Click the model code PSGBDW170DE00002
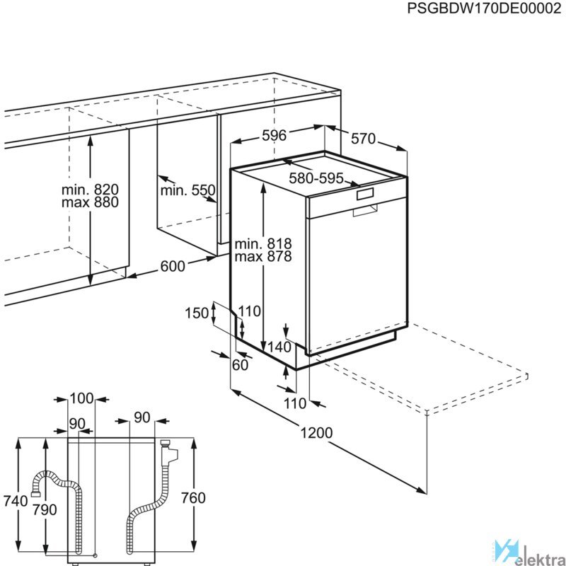(x=484, y=8)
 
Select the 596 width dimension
(x=274, y=135)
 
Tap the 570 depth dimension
(x=364, y=139)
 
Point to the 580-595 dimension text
(x=316, y=178)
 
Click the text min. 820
(x=90, y=189)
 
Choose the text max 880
(x=90, y=202)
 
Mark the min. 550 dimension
(x=187, y=190)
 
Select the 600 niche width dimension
(x=173, y=266)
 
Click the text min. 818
(x=263, y=243)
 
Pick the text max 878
(x=263, y=256)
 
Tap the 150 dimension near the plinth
(x=197, y=313)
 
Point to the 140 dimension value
(x=279, y=347)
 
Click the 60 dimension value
(x=240, y=365)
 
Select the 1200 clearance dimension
(x=316, y=432)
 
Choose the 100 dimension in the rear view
(x=81, y=398)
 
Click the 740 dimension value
(x=16, y=501)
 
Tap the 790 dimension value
(x=45, y=509)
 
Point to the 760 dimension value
(x=193, y=498)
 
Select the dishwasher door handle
(x=366, y=209)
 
